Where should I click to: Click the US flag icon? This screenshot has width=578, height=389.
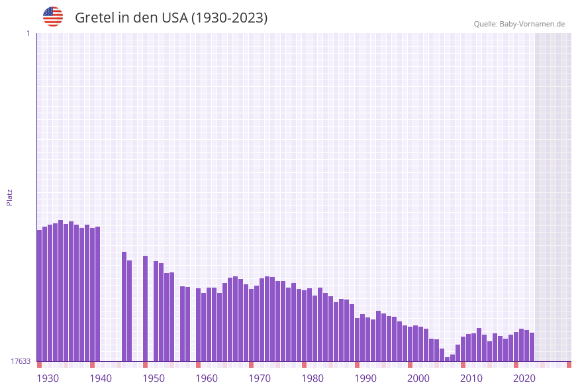coord(53,17)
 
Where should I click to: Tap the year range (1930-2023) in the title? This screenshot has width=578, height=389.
coord(229,18)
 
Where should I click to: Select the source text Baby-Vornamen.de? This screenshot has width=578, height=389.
coord(532,25)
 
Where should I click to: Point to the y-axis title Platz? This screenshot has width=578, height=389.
coord(10,197)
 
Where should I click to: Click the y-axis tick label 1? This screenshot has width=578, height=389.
coord(28,33)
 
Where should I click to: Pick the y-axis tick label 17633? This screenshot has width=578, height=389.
coord(21,361)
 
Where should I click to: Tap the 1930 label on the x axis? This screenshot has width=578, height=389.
coord(48,378)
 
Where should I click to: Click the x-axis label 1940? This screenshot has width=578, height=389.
coord(101,378)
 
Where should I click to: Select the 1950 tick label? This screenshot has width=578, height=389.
coord(154,378)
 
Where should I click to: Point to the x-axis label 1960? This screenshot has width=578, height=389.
coord(207,378)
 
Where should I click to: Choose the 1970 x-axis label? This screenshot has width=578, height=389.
coord(260,378)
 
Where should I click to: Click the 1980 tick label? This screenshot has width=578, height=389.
coord(313,378)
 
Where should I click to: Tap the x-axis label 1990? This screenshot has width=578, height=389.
coord(365,378)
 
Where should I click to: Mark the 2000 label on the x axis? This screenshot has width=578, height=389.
coord(418,378)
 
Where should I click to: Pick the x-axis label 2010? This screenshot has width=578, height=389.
coord(471,378)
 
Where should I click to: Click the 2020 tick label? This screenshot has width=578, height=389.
coord(524,378)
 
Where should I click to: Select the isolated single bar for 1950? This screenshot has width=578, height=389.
coord(146,308)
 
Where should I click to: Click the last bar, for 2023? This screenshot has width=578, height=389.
coord(532,347)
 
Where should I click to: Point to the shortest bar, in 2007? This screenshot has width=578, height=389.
coord(447,359)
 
